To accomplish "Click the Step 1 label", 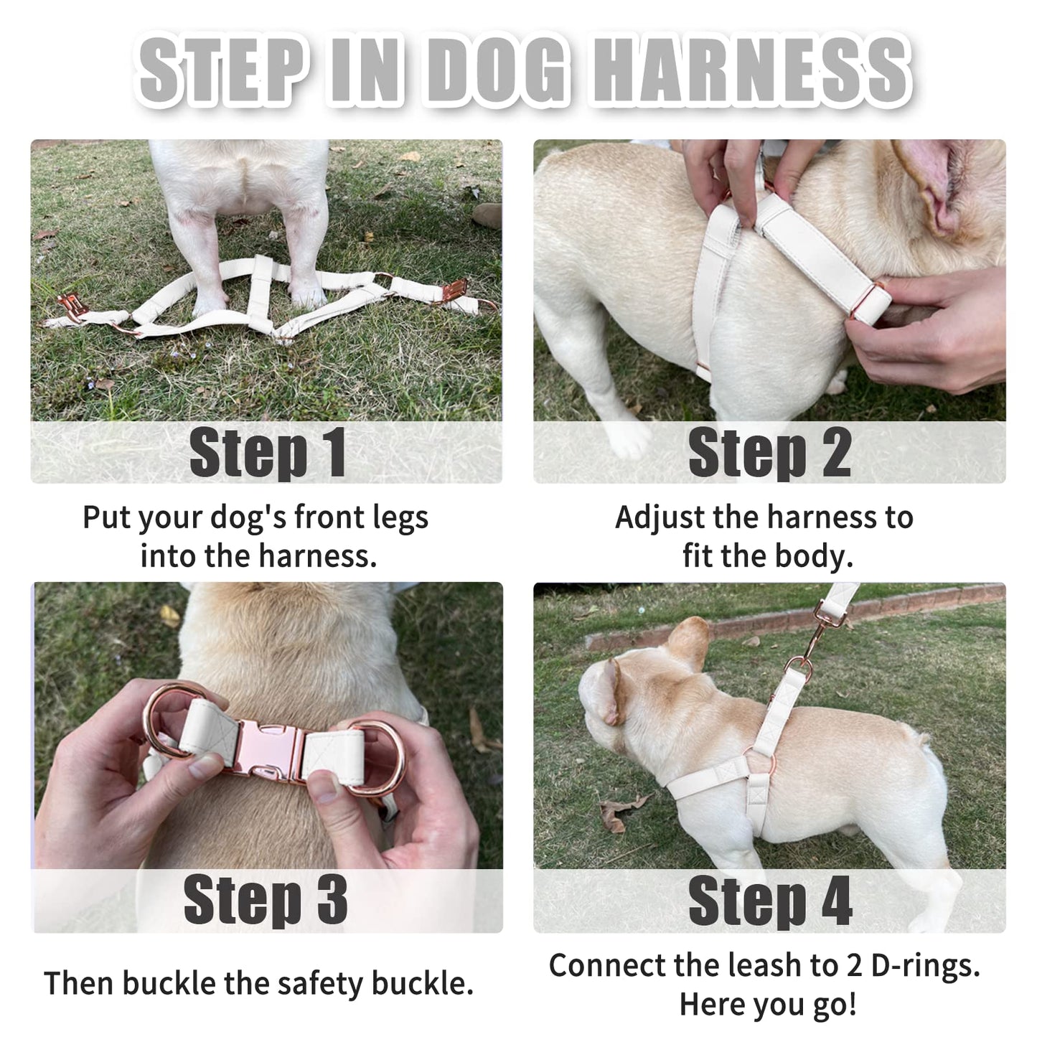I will [267, 453].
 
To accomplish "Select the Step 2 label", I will [769, 453].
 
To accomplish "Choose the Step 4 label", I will [769, 900].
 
